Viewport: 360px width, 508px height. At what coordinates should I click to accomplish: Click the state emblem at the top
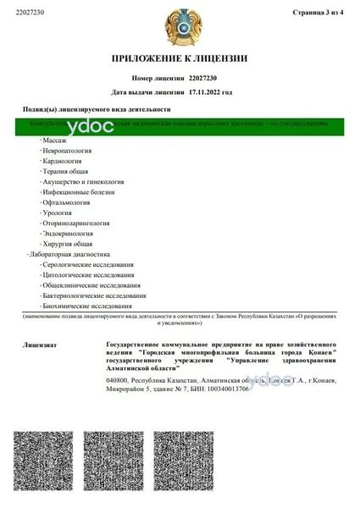click(180, 23)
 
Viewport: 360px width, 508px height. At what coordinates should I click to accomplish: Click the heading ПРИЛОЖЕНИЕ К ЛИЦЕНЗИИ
click(180, 58)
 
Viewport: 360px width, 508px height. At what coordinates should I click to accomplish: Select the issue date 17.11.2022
click(211, 92)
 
